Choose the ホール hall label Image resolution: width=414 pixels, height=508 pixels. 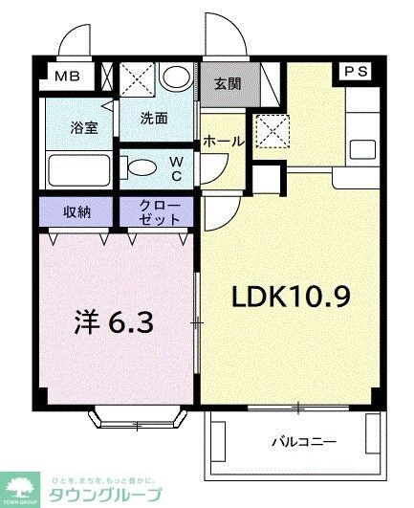223,142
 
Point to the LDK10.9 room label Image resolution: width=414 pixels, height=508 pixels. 291,298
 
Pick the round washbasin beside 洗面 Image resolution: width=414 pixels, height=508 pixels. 175,78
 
